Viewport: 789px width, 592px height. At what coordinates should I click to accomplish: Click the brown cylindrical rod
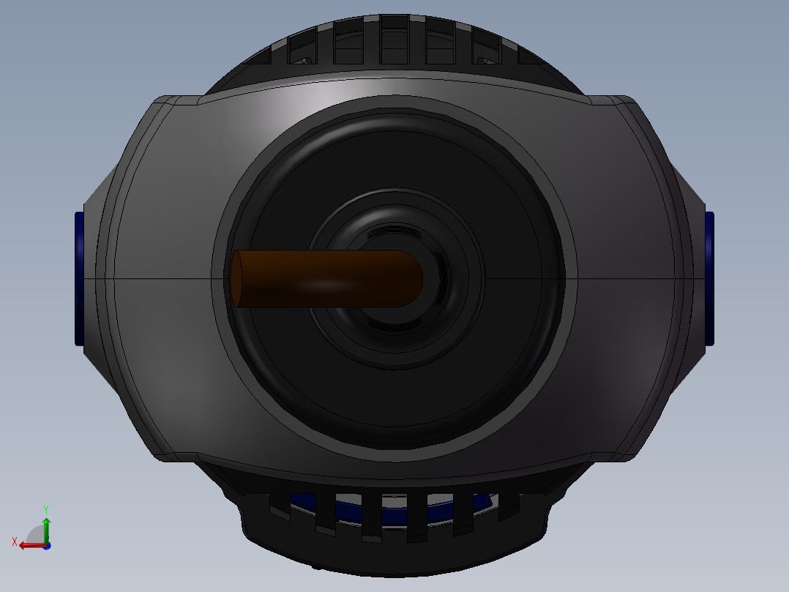327,278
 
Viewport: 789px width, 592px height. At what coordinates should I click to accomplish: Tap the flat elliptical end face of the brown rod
236,278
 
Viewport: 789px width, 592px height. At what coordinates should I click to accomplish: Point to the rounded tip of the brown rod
414,278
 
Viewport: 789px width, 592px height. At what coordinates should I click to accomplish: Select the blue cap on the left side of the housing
79,278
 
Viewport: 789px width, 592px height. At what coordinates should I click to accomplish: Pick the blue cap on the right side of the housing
709,278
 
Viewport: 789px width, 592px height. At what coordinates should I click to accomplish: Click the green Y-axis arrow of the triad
46,530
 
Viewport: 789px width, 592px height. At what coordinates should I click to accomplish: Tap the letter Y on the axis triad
46,509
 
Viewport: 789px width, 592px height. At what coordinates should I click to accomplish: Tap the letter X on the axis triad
15,541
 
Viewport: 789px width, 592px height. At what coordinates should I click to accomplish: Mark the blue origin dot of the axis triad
47,546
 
